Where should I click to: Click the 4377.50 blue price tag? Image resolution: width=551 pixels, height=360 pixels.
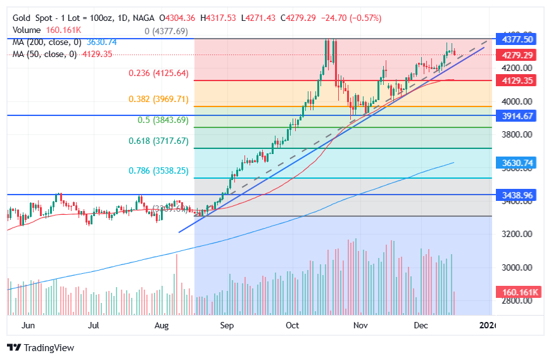click(x=518, y=39)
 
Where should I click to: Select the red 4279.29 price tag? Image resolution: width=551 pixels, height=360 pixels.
click(x=518, y=55)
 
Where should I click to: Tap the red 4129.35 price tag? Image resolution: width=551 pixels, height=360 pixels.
click(x=518, y=80)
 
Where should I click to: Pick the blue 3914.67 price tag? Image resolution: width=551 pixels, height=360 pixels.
click(x=518, y=115)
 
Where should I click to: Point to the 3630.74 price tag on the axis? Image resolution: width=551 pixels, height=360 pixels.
click(x=518, y=163)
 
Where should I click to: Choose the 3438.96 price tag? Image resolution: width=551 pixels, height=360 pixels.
click(x=518, y=195)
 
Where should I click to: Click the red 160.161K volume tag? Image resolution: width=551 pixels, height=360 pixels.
click(x=518, y=292)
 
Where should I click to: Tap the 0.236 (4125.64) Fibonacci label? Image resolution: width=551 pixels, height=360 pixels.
click(x=158, y=74)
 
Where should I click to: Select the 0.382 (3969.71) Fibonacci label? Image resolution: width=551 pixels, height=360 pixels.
click(x=158, y=100)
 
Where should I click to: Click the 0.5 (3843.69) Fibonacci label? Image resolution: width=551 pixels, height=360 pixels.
click(x=163, y=120)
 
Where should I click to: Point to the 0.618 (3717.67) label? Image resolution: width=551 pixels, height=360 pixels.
click(x=158, y=141)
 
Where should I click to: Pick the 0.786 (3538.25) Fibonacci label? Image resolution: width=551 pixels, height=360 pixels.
click(x=158, y=171)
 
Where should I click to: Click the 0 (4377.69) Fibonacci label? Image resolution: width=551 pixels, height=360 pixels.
click(x=166, y=31)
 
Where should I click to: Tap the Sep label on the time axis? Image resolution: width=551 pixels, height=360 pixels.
click(x=227, y=326)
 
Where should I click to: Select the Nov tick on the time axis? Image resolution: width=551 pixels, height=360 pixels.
click(x=360, y=326)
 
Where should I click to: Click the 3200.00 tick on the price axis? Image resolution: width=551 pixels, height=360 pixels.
click(x=517, y=235)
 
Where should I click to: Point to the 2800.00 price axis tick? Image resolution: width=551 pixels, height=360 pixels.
click(x=517, y=301)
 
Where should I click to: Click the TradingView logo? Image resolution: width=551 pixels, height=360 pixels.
click(x=41, y=347)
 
